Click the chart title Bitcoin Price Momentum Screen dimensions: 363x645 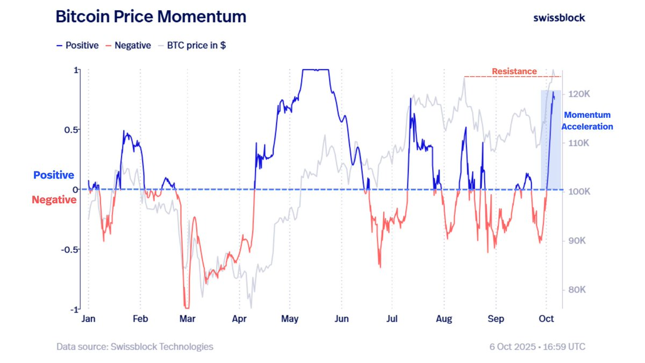pos(151,17)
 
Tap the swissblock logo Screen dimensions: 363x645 pos(559,17)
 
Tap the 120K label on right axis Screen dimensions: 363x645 pos(580,94)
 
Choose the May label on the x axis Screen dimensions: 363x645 pos(290,319)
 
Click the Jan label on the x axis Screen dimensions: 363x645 pos(88,319)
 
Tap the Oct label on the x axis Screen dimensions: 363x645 pos(547,319)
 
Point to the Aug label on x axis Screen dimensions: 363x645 pos(444,319)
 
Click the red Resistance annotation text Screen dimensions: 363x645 pos(514,71)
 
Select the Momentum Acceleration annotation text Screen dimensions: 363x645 pos(587,121)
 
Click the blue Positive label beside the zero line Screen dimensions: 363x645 pos(54,175)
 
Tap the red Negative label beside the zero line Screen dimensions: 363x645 pos(54,200)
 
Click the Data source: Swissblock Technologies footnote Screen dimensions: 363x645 pos(135,347)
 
